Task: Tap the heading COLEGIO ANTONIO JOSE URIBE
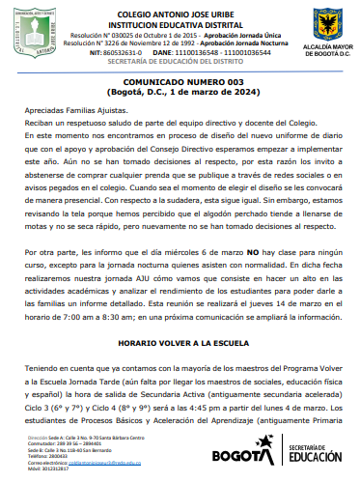point(180,11)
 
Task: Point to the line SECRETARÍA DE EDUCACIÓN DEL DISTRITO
point(180,61)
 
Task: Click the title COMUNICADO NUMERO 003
point(180,84)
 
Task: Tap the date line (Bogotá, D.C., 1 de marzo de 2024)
point(180,93)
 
